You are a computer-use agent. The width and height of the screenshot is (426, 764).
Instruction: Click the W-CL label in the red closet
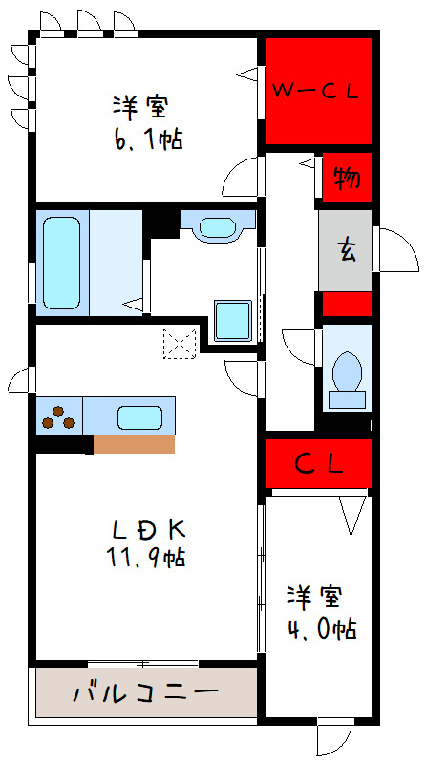pos(316,92)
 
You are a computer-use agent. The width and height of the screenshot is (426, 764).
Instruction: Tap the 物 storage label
pos(346,179)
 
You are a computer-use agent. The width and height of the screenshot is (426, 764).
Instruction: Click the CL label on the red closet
pos(318,465)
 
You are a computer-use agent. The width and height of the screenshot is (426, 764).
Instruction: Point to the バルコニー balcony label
pos(146,691)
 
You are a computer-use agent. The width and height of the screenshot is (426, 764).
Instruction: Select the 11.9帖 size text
pos(146,558)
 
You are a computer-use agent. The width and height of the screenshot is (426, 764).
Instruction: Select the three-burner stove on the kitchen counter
pos(59,417)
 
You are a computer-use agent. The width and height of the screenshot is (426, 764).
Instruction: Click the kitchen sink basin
pos(139,417)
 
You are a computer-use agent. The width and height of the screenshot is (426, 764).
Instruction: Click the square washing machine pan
pos(232,320)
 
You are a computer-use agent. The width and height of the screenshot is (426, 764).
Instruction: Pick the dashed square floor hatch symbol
pos(179,341)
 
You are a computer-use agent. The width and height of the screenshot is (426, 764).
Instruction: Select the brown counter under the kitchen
pos(134,444)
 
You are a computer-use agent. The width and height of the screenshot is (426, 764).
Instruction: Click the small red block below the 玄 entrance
pos(346,304)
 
